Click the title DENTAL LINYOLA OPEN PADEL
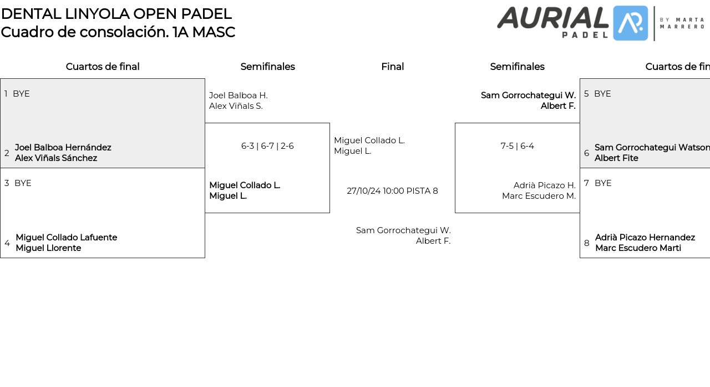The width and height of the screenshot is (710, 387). (x=116, y=14)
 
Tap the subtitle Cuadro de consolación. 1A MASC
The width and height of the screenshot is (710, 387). (x=118, y=32)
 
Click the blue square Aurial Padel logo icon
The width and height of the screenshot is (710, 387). (x=631, y=23)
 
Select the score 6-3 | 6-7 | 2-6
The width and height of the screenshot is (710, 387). (x=267, y=146)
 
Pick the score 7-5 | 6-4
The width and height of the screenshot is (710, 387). (x=517, y=146)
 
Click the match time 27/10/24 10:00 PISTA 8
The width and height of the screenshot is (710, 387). (x=392, y=191)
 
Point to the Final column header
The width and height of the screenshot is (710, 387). (x=392, y=67)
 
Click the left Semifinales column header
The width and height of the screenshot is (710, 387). (x=267, y=67)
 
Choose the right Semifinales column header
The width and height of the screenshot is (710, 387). (x=517, y=67)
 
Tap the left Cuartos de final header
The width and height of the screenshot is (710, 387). (x=103, y=67)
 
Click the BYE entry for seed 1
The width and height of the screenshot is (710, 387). (x=21, y=94)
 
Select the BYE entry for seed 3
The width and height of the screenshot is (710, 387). (x=23, y=183)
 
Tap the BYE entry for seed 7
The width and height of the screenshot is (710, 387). (x=603, y=183)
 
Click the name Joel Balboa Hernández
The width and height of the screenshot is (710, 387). (x=63, y=148)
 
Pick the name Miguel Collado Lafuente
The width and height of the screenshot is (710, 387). (x=67, y=238)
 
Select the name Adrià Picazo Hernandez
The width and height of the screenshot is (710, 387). (x=645, y=238)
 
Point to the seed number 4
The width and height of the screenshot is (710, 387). (x=7, y=243)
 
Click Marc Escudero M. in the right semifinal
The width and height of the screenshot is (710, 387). (x=539, y=196)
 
